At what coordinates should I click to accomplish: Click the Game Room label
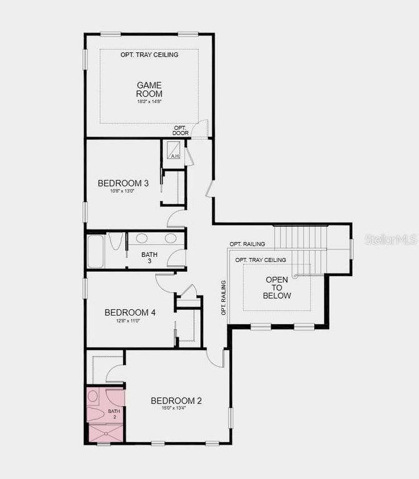click(x=150, y=89)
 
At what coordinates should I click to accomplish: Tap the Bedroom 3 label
click(x=123, y=183)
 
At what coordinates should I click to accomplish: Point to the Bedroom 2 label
click(x=176, y=401)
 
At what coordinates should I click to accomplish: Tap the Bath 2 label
click(x=113, y=414)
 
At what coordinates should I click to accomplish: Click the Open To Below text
click(x=277, y=288)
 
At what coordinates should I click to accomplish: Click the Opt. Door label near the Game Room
click(x=181, y=130)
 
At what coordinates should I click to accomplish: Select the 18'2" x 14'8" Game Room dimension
click(x=150, y=102)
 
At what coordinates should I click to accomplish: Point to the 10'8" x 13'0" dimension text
click(x=123, y=191)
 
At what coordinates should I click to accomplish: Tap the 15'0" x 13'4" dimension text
click(x=176, y=409)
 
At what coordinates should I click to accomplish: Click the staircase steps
click(x=301, y=237)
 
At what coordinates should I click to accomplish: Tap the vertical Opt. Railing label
click(x=223, y=298)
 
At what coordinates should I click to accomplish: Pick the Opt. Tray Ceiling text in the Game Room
click(x=150, y=55)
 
